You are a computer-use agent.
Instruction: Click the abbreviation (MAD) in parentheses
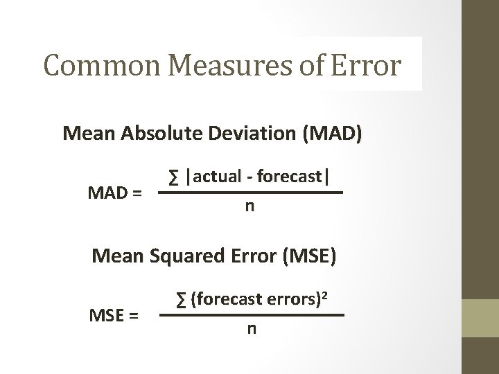[x=329, y=133]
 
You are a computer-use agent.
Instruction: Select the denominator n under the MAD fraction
[x=248, y=207]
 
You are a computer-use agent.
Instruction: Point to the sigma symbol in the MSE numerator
[x=181, y=300]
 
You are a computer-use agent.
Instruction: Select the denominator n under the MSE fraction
[x=252, y=329]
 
